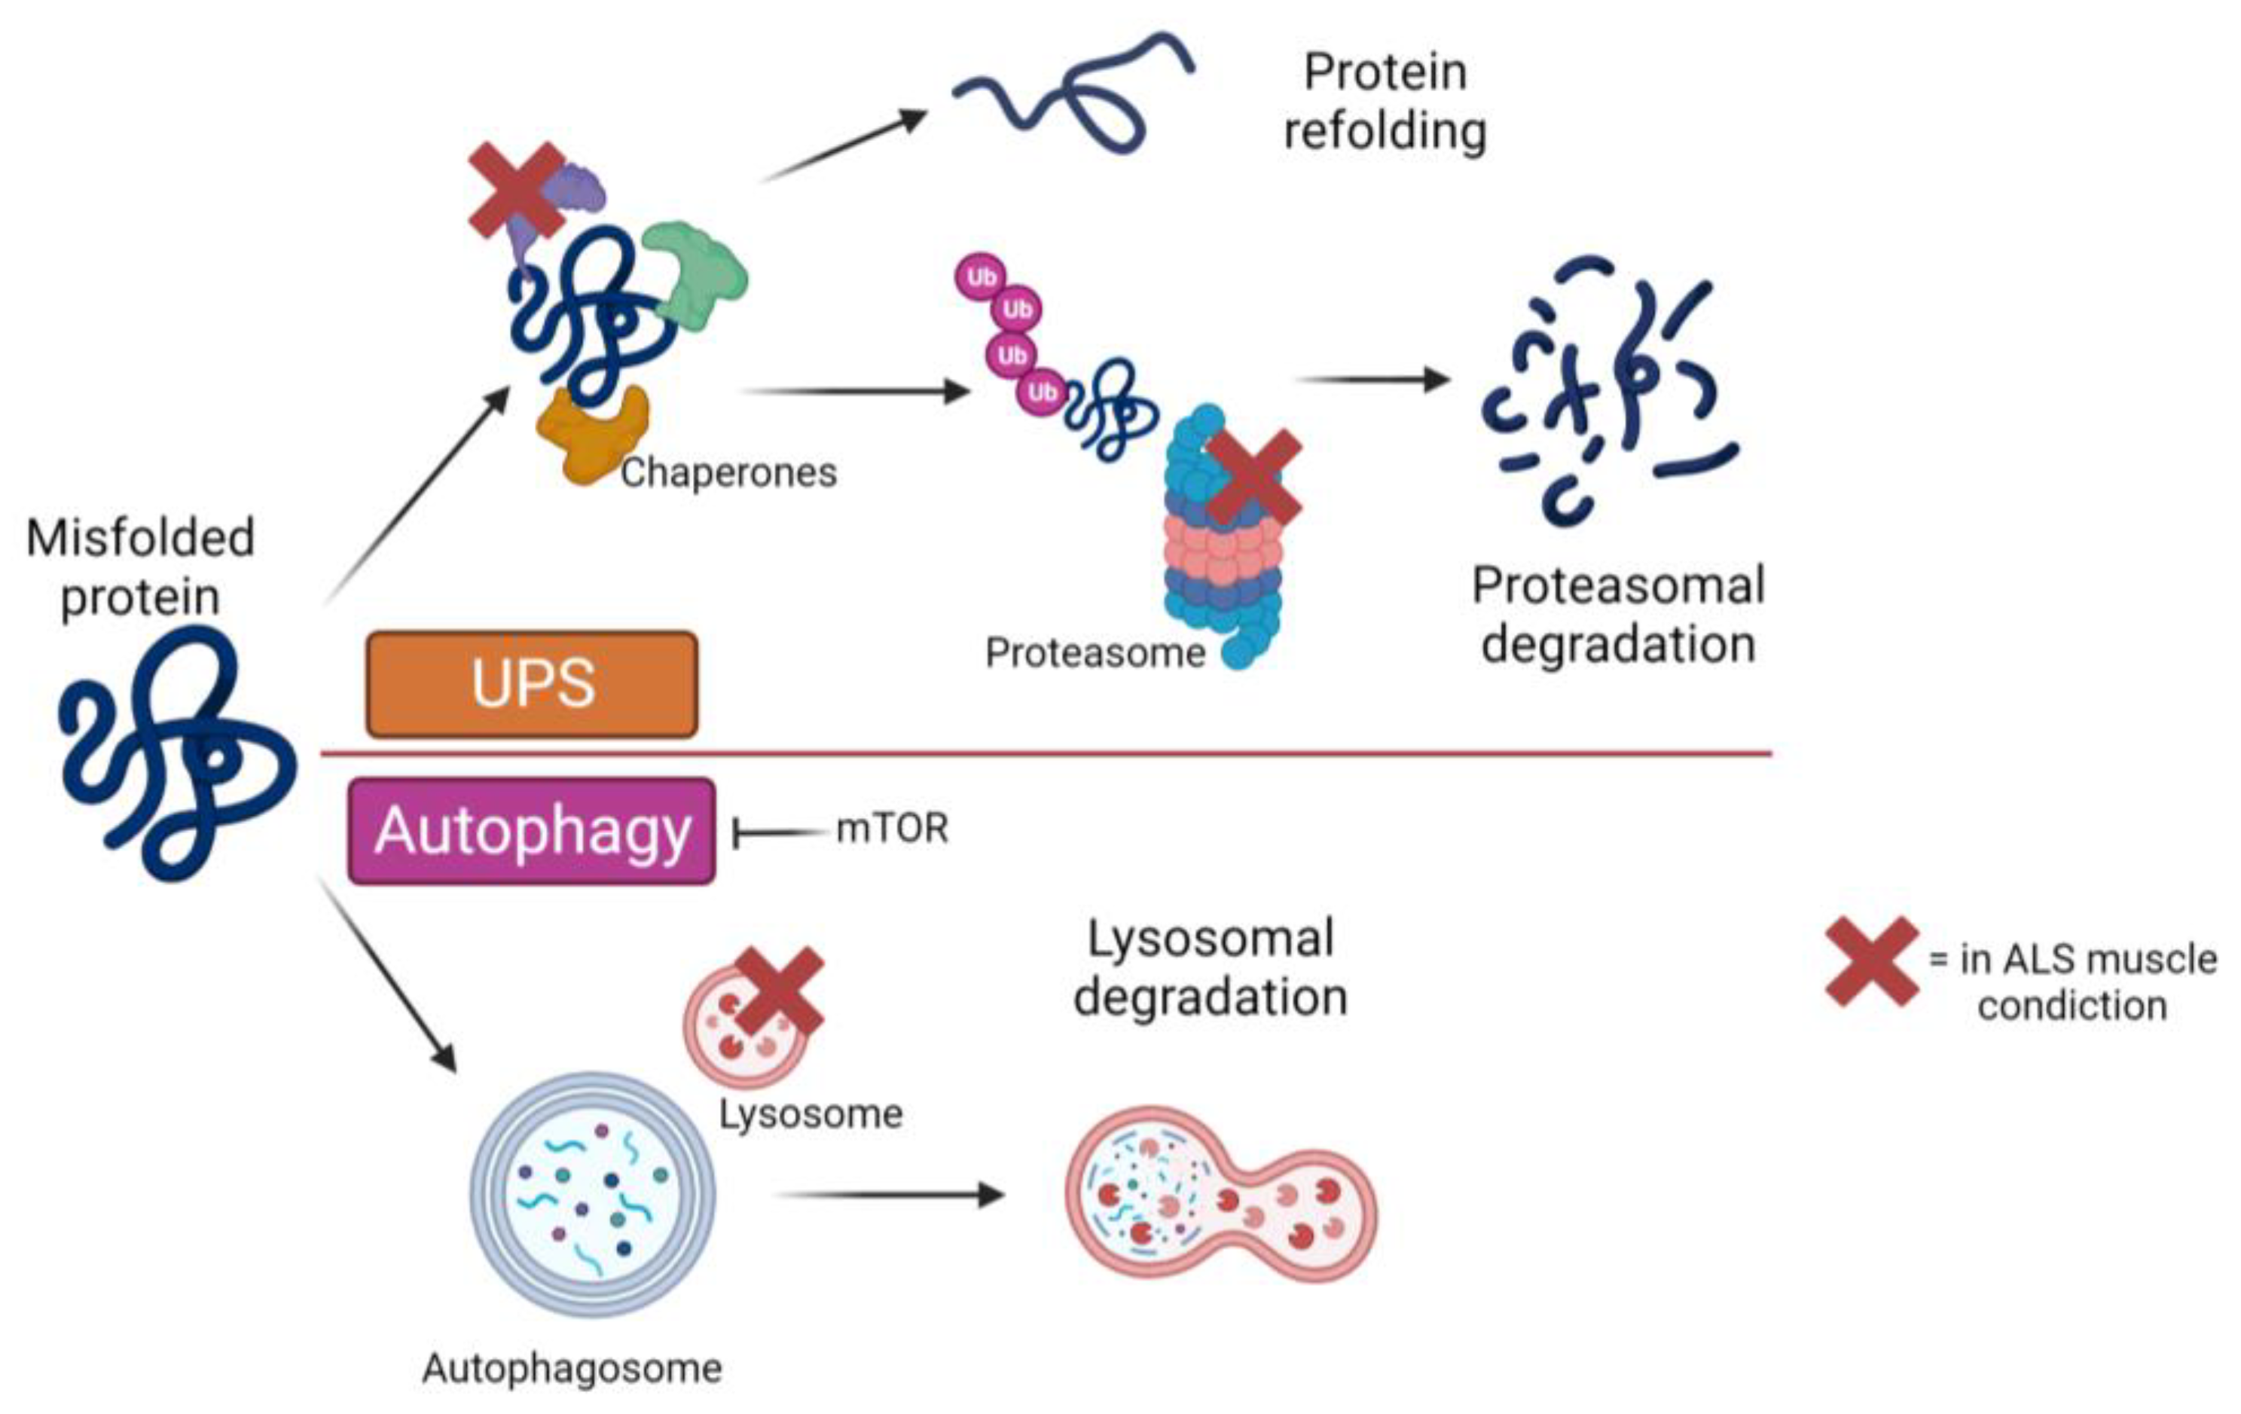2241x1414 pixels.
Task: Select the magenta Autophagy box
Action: coord(531,830)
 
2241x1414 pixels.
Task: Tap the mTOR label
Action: coord(892,829)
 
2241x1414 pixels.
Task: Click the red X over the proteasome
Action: coord(1253,477)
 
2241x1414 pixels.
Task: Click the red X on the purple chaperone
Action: coord(517,190)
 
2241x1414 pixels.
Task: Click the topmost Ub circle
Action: coord(981,276)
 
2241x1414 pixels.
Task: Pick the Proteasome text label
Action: coord(1095,653)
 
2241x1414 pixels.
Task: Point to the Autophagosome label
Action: coord(572,1368)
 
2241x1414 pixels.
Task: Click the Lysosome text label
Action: coord(811,1114)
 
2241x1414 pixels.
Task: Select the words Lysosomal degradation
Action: coord(1210,967)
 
